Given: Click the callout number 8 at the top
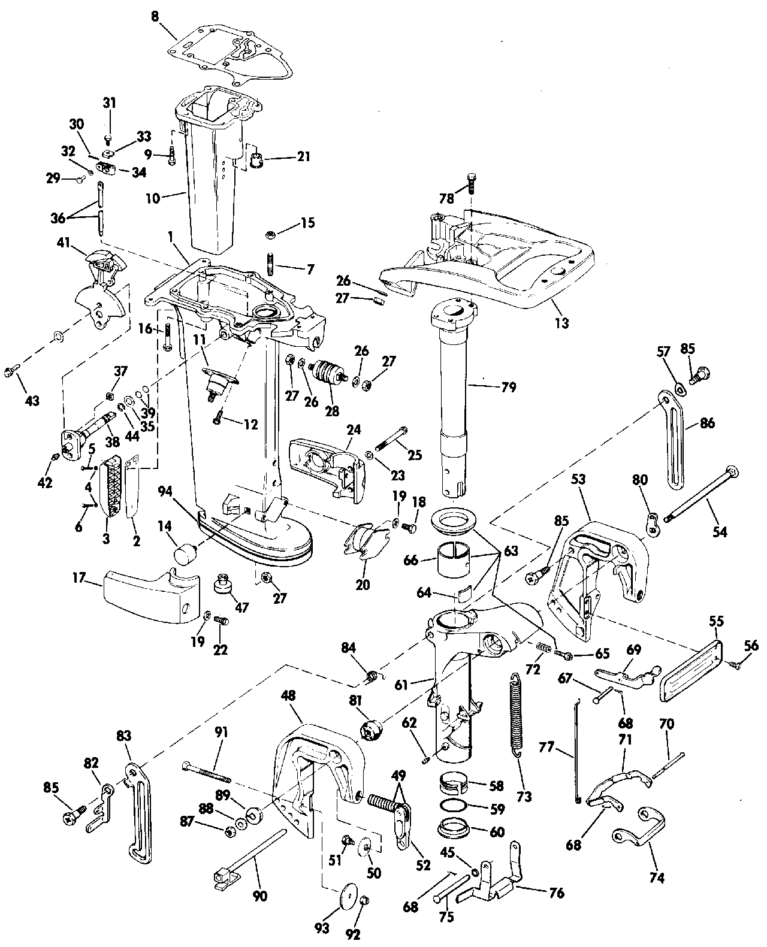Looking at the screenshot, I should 155,16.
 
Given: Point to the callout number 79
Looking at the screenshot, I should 508,388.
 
